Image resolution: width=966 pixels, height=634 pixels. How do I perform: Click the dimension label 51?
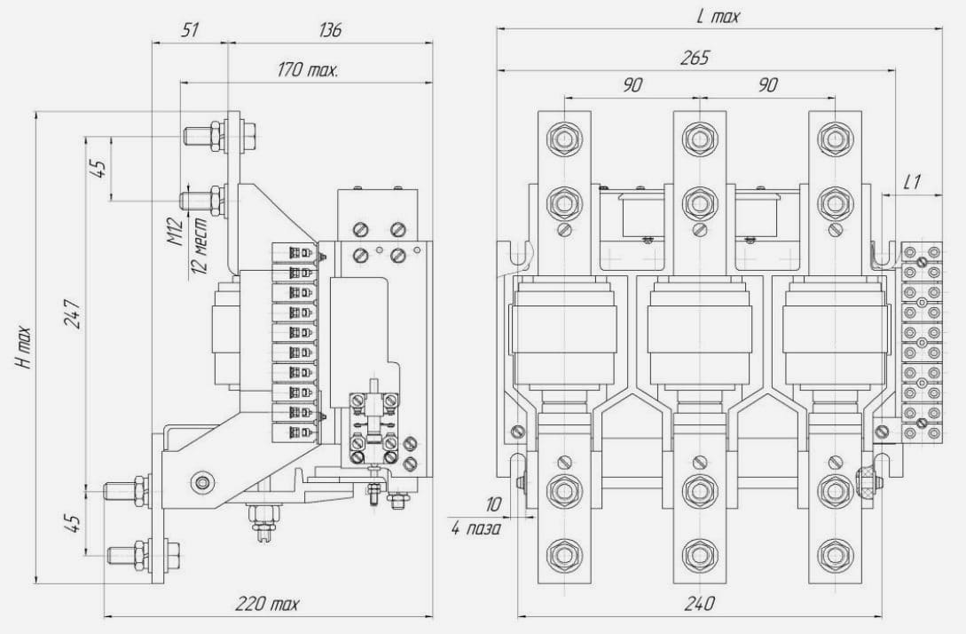[x=191, y=29]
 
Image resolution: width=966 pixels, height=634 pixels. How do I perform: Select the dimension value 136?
[x=330, y=29]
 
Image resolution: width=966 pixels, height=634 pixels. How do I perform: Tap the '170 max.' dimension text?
[x=308, y=69]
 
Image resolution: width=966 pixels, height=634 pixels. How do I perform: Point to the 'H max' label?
[x=23, y=348]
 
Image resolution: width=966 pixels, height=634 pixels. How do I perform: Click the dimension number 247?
[x=73, y=314]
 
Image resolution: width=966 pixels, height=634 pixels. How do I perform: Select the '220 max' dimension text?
[x=267, y=603]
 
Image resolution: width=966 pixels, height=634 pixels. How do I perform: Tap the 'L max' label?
[x=717, y=16]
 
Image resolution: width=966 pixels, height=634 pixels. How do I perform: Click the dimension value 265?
[x=695, y=58]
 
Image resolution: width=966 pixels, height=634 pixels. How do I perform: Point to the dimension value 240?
[x=699, y=603]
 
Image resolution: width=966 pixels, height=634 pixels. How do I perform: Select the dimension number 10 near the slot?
[x=493, y=505]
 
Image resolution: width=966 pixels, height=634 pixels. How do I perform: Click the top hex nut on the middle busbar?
[x=699, y=139]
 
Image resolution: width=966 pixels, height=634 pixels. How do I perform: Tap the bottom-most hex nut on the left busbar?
[x=563, y=554]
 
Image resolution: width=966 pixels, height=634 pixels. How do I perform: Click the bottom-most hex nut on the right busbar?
[x=835, y=554]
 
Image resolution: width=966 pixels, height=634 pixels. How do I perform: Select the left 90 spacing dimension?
[x=632, y=85]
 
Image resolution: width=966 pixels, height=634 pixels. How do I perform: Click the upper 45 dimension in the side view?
[x=98, y=169]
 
